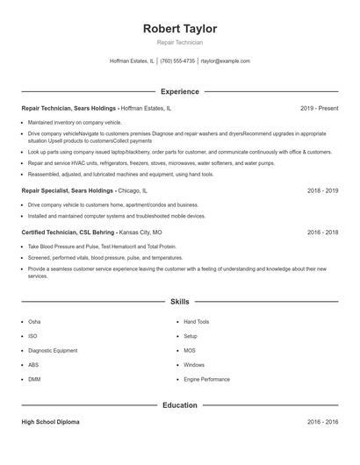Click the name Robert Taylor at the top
pos(179,28)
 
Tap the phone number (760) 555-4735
pos(177,61)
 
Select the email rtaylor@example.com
pos(226,61)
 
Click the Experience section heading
pos(179,91)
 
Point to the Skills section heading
pos(179,301)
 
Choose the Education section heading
pos(179,405)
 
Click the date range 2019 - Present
pos(319,108)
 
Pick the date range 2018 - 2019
pos(322,190)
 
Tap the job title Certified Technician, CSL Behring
pos(68,232)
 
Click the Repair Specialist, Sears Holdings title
pos(68,190)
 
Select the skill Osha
pos(34,322)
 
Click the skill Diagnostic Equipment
pos(53,350)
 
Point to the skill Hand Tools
pos(197,322)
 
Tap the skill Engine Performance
pos(206,379)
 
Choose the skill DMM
pos(34,379)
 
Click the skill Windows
pos(194,365)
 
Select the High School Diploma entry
pos(50,422)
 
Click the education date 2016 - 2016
pos(322,422)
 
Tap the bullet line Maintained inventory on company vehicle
pos(75,122)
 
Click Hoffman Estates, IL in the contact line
pos(132,61)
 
